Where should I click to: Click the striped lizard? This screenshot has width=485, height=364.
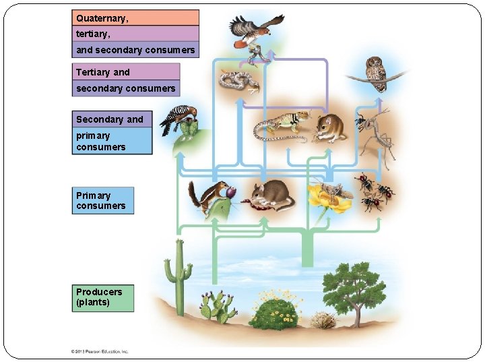click(x=281, y=126)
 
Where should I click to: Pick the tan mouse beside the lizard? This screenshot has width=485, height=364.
click(x=329, y=128)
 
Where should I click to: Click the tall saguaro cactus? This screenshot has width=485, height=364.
click(x=179, y=276)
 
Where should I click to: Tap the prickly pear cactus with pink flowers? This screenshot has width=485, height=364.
click(x=217, y=307)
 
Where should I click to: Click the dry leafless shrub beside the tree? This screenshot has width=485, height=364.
click(x=323, y=320)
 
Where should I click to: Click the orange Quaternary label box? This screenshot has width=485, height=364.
click(x=136, y=18)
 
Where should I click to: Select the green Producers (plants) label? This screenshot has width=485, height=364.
click(x=103, y=298)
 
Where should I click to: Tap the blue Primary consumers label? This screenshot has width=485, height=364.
click(x=103, y=201)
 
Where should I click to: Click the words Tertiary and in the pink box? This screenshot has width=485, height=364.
click(x=103, y=72)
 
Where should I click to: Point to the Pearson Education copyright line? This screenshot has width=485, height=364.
click(x=100, y=351)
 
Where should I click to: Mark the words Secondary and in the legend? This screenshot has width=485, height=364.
click(x=110, y=119)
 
